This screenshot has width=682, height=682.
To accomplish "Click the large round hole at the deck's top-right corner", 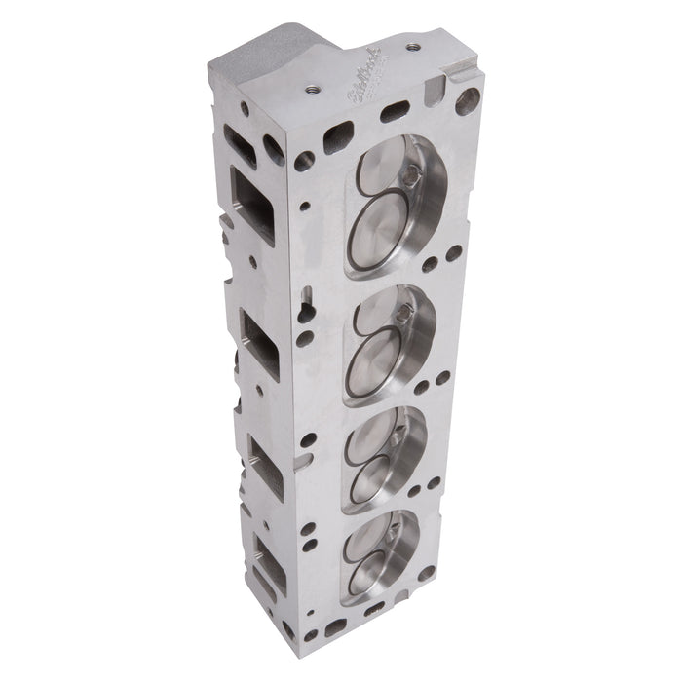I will pos(468,100).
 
